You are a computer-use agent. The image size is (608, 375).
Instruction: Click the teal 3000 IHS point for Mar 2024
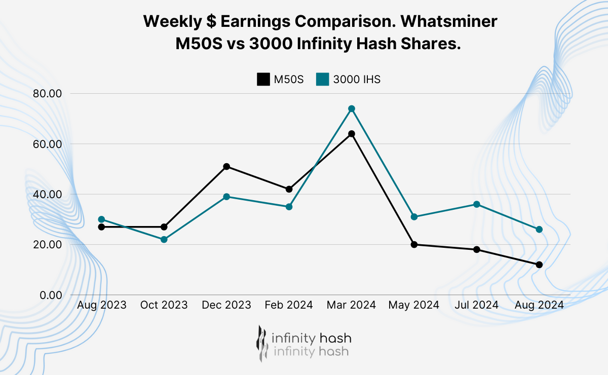click(x=352, y=109)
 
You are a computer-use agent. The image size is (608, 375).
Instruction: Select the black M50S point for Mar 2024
click(x=352, y=134)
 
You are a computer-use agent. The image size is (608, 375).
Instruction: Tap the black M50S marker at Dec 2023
click(x=226, y=167)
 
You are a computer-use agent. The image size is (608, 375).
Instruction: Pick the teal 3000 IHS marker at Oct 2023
click(x=164, y=239)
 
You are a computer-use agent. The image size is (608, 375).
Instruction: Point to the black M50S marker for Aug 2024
click(x=539, y=265)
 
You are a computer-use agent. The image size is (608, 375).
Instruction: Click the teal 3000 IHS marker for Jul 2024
click(x=477, y=204)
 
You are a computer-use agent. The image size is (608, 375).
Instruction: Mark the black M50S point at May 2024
click(x=414, y=244)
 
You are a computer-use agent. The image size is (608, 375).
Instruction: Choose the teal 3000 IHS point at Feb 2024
click(x=289, y=207)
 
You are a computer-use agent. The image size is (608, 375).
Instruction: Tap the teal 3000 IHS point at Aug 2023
click(x=101, y=219)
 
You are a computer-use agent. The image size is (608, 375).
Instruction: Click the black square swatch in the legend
click(x=263, y=80)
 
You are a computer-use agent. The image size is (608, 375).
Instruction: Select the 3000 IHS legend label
click(x=357, y=80)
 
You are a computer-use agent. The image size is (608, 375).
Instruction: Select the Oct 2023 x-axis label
click(x=164, y=305)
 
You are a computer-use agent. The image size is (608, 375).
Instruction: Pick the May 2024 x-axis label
click(x=414, y=305)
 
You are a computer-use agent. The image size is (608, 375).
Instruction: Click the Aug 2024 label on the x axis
click(x=539, y=305)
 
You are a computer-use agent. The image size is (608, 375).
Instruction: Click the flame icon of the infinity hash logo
click(x=261, y=343)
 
